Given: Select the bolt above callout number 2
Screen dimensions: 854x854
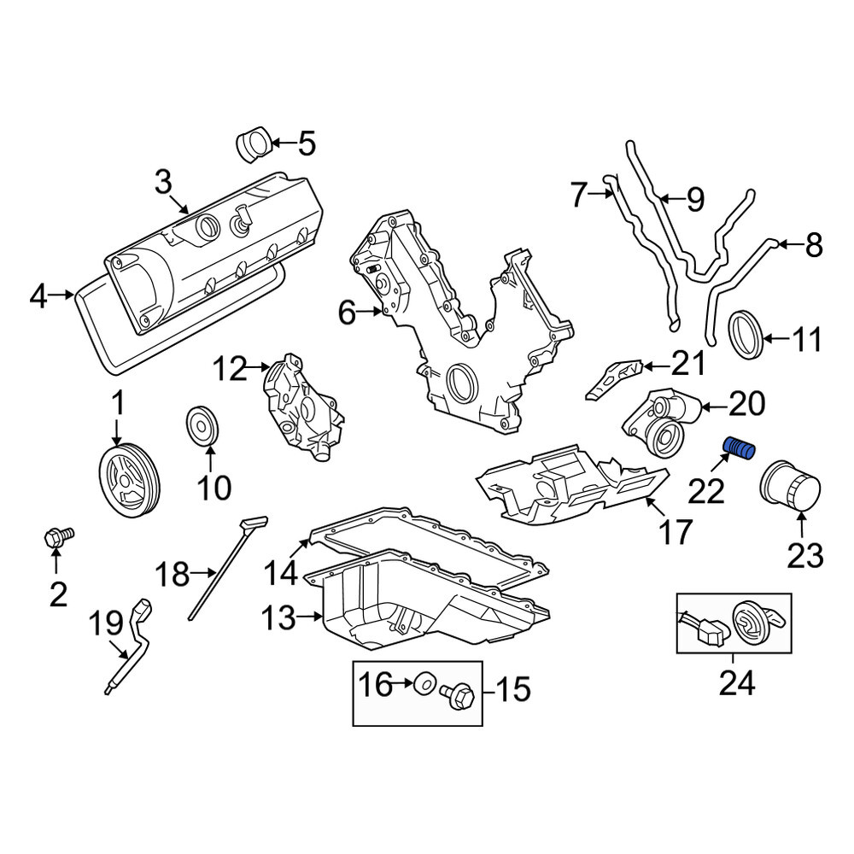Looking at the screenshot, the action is pyautogui.click(x=58, y=537).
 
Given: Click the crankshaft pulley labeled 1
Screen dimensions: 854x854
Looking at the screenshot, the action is pyautogui.click(x=130, y=480).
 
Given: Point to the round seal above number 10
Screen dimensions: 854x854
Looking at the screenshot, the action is pyautogui.click(x=202, y=425).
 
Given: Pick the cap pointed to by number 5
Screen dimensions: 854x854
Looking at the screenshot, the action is pyautogui.click(x=254, y=145).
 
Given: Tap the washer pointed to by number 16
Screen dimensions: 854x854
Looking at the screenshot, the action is pyautogui.click(x=424, y=685).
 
